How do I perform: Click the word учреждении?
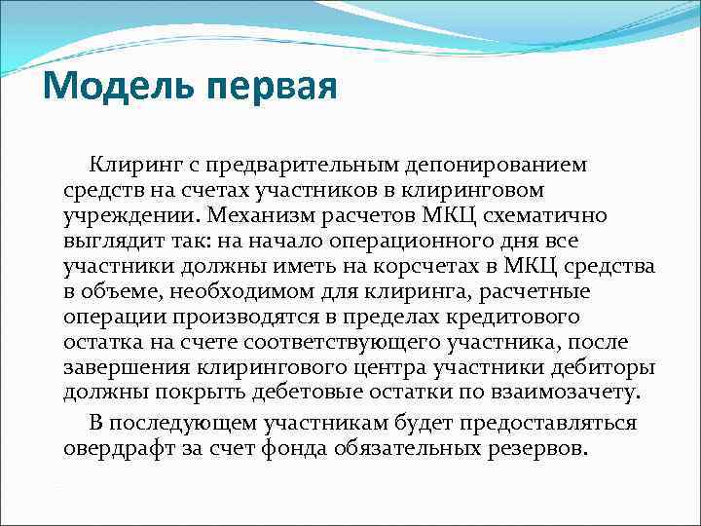tap(122, 214)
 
